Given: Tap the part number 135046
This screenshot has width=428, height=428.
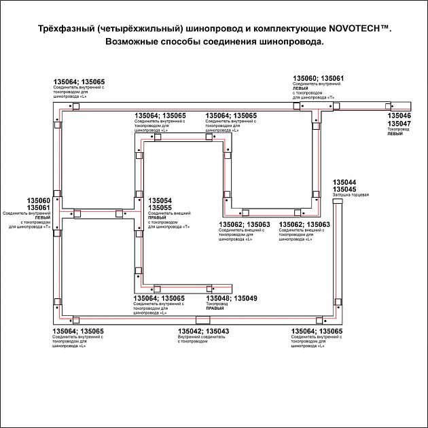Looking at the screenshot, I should [x=399, y=117].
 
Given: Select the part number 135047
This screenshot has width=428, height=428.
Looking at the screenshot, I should [x=399, y=124].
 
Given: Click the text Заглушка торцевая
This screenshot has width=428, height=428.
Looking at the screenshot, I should [x=351, y=196].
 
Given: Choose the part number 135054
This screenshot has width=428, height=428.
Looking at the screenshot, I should [x=160, y=200].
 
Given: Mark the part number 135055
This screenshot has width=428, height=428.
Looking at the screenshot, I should [x=160, y=208].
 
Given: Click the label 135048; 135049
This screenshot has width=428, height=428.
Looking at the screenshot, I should [x=232, y=298].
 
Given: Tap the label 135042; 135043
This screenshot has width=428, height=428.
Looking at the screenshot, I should [x=203, y=331].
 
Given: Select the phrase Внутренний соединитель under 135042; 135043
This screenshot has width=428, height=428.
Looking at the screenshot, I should [x=200, y=337].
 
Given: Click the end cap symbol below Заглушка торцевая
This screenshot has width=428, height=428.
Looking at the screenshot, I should [x=338, y=204].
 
